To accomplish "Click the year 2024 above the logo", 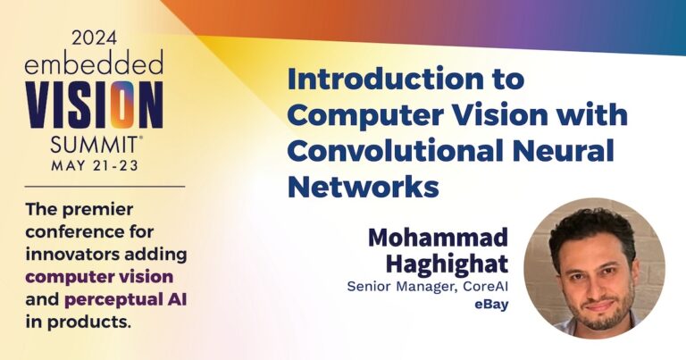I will point(94,38).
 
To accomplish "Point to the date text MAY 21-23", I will point(95,166).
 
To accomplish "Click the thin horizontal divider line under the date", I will point(95,186).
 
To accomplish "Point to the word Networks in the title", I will point(364,187).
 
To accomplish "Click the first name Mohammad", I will point(438,238).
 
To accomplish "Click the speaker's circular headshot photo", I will point(594,267).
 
